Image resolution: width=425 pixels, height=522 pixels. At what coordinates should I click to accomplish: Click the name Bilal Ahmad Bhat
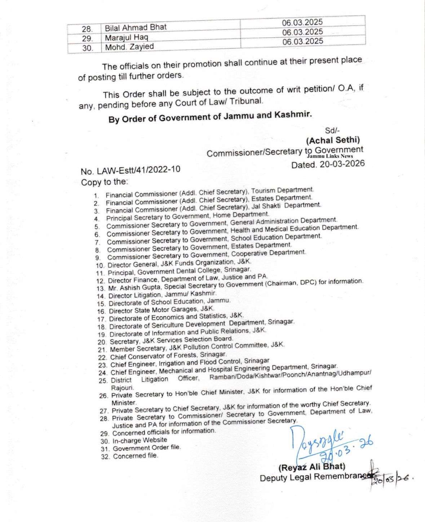pos(136,27)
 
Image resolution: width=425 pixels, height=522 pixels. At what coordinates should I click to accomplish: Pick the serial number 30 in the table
pos(87,47)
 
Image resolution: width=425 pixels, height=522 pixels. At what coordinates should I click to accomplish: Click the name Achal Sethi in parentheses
pos(333,140)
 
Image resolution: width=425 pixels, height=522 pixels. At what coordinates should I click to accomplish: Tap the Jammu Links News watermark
pos(330,156)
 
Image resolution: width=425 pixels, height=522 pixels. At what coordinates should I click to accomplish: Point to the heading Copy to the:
pos(104,182)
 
